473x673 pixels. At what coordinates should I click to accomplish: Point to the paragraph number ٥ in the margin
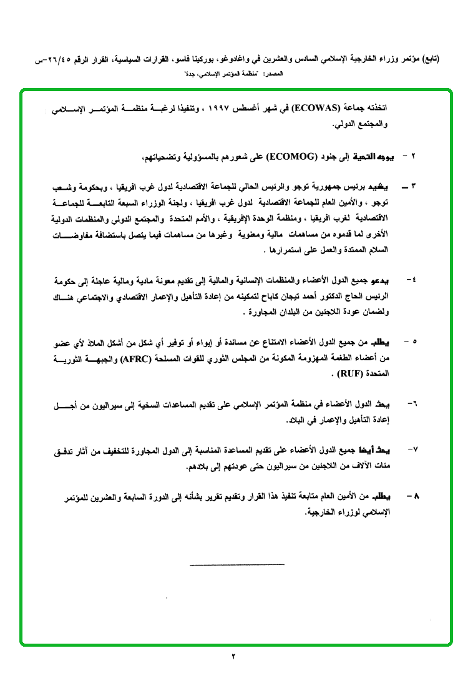point(412,342)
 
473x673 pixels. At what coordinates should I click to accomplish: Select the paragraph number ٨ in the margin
point(412,496)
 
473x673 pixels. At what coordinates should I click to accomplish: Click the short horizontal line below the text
point(236,564)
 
